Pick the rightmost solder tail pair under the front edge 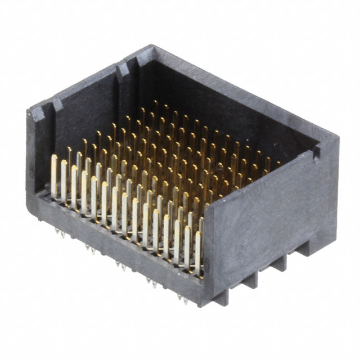point(183,299)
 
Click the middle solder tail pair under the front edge point(120,264)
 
